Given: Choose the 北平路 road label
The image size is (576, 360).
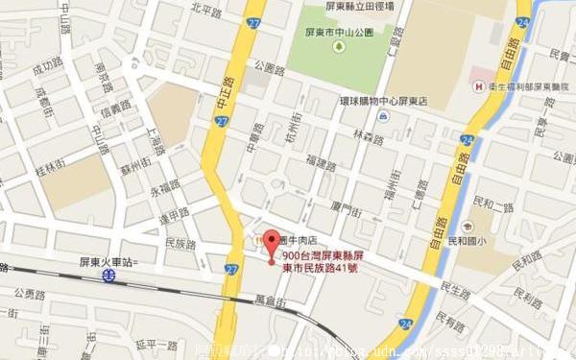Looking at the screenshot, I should tap(206, 10).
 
